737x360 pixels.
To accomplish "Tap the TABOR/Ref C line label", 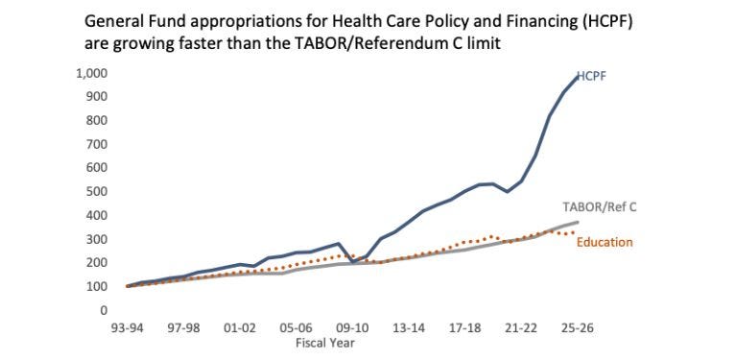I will pos(600,207).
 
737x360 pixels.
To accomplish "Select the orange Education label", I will pos(605,243).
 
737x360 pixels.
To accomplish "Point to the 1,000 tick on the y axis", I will pos(91,74).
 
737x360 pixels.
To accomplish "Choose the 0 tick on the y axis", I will pos(103,310).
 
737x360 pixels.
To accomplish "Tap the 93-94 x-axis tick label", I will pos(128,328).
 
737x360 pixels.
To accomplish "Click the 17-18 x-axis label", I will pos(465,328).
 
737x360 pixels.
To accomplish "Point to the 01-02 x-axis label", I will pos(240,328).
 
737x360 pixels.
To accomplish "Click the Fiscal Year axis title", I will pos(324,342).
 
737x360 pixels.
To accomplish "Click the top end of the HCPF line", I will pos(578,77).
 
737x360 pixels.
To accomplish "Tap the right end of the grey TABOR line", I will pos(578,222).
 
